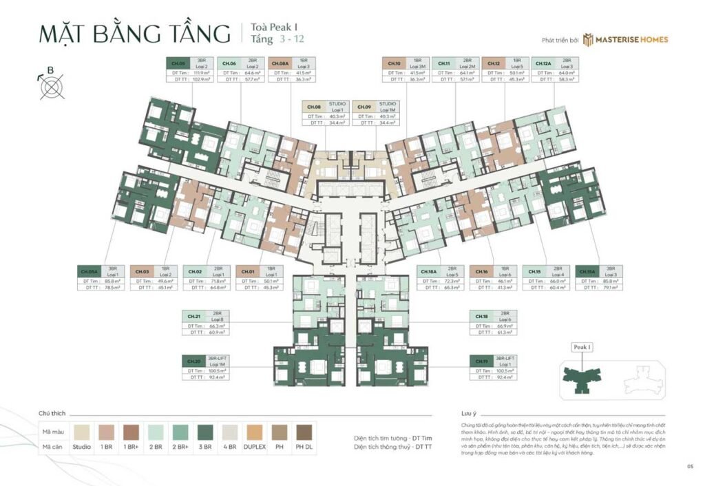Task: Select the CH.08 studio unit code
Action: click(314, 107)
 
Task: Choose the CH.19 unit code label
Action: click(481, 361)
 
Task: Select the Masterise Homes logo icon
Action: click(589, 39)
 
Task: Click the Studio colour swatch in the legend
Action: click(82, 432)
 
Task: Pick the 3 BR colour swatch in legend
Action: click(206, 432)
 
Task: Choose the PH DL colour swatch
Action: click(304, 432)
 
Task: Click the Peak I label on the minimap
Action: click(582, 348)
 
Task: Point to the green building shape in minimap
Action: click(582, 376)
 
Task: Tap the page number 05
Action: click(689, 467)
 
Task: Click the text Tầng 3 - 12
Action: click(271, 40)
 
